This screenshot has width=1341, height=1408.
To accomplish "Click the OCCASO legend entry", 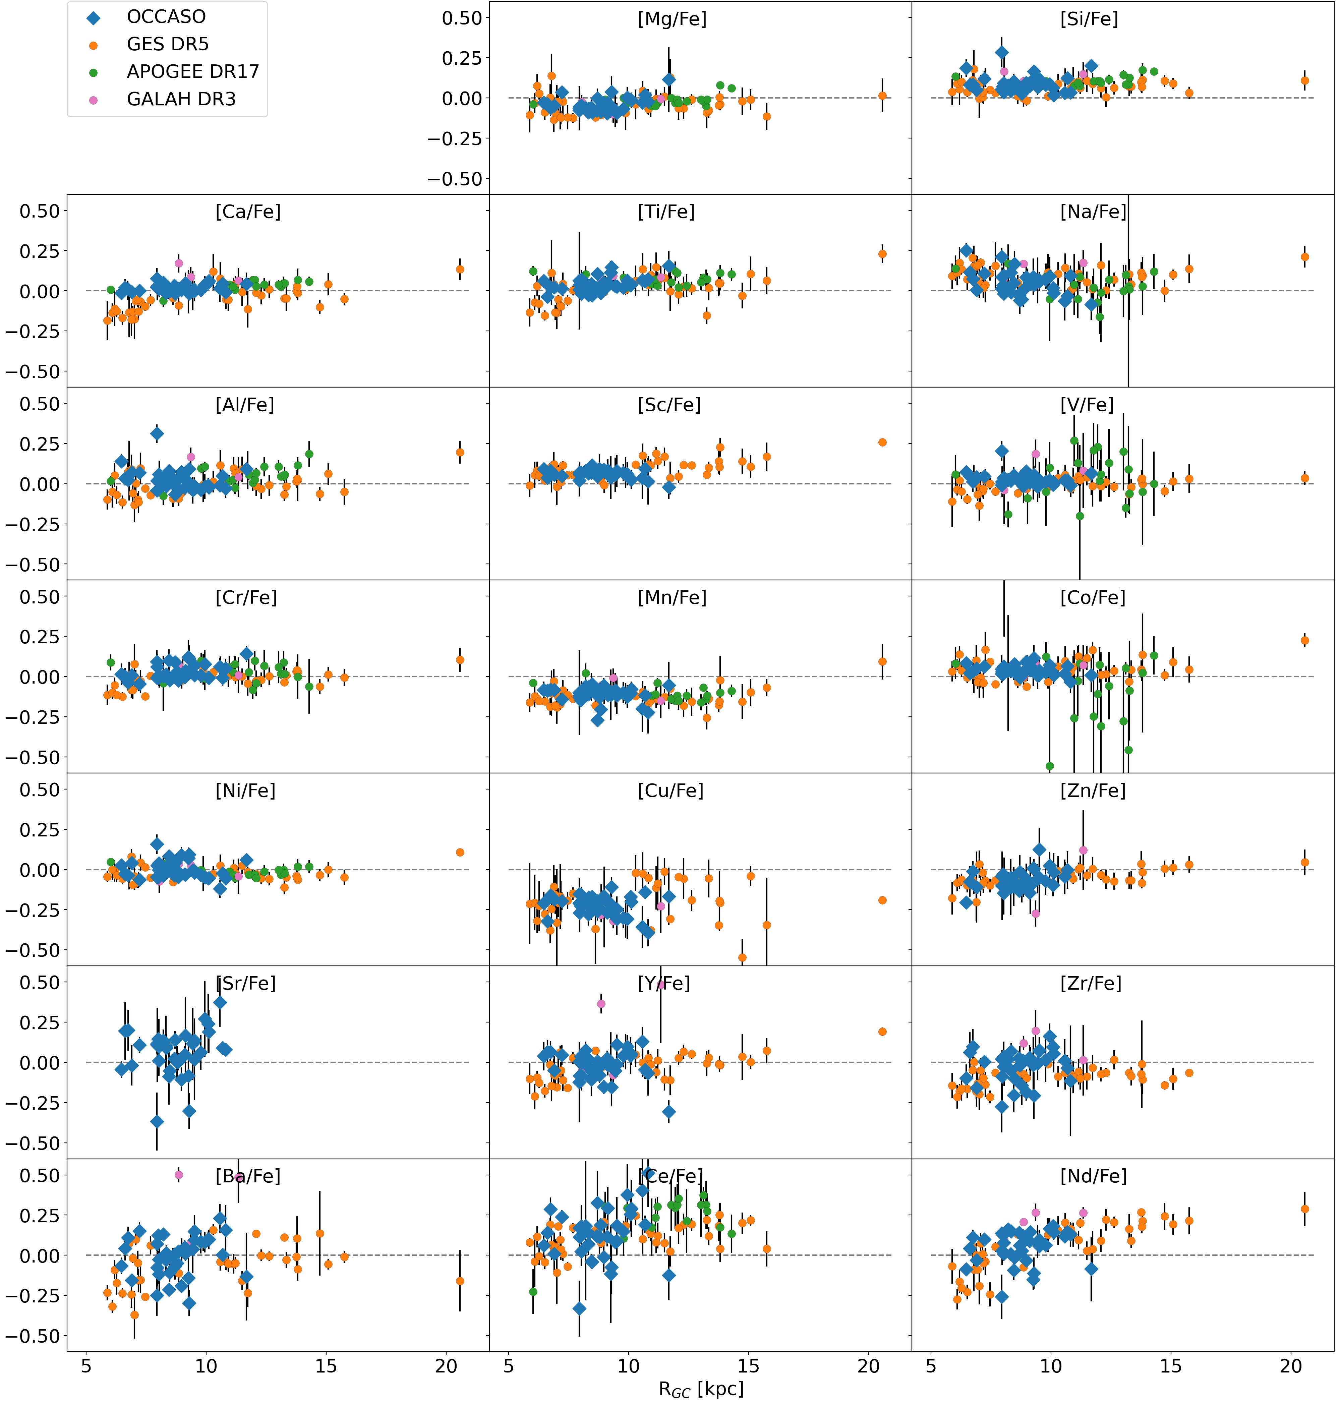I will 166,17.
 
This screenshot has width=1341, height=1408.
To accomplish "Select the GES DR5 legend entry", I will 167,44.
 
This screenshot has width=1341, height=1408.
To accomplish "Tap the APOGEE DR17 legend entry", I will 192,71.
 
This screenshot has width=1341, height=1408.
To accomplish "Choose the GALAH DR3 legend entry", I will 181,99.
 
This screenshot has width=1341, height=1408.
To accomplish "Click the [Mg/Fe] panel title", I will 672,19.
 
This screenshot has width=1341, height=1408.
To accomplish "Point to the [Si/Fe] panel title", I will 1089,19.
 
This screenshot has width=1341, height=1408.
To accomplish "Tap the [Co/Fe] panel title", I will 1092,597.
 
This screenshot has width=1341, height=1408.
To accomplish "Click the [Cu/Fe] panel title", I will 670,790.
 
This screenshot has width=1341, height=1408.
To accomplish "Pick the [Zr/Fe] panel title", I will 1091,984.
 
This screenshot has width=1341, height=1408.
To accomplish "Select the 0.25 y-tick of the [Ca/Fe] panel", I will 34,251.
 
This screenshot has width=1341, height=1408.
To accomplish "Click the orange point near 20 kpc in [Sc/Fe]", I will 882,443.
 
